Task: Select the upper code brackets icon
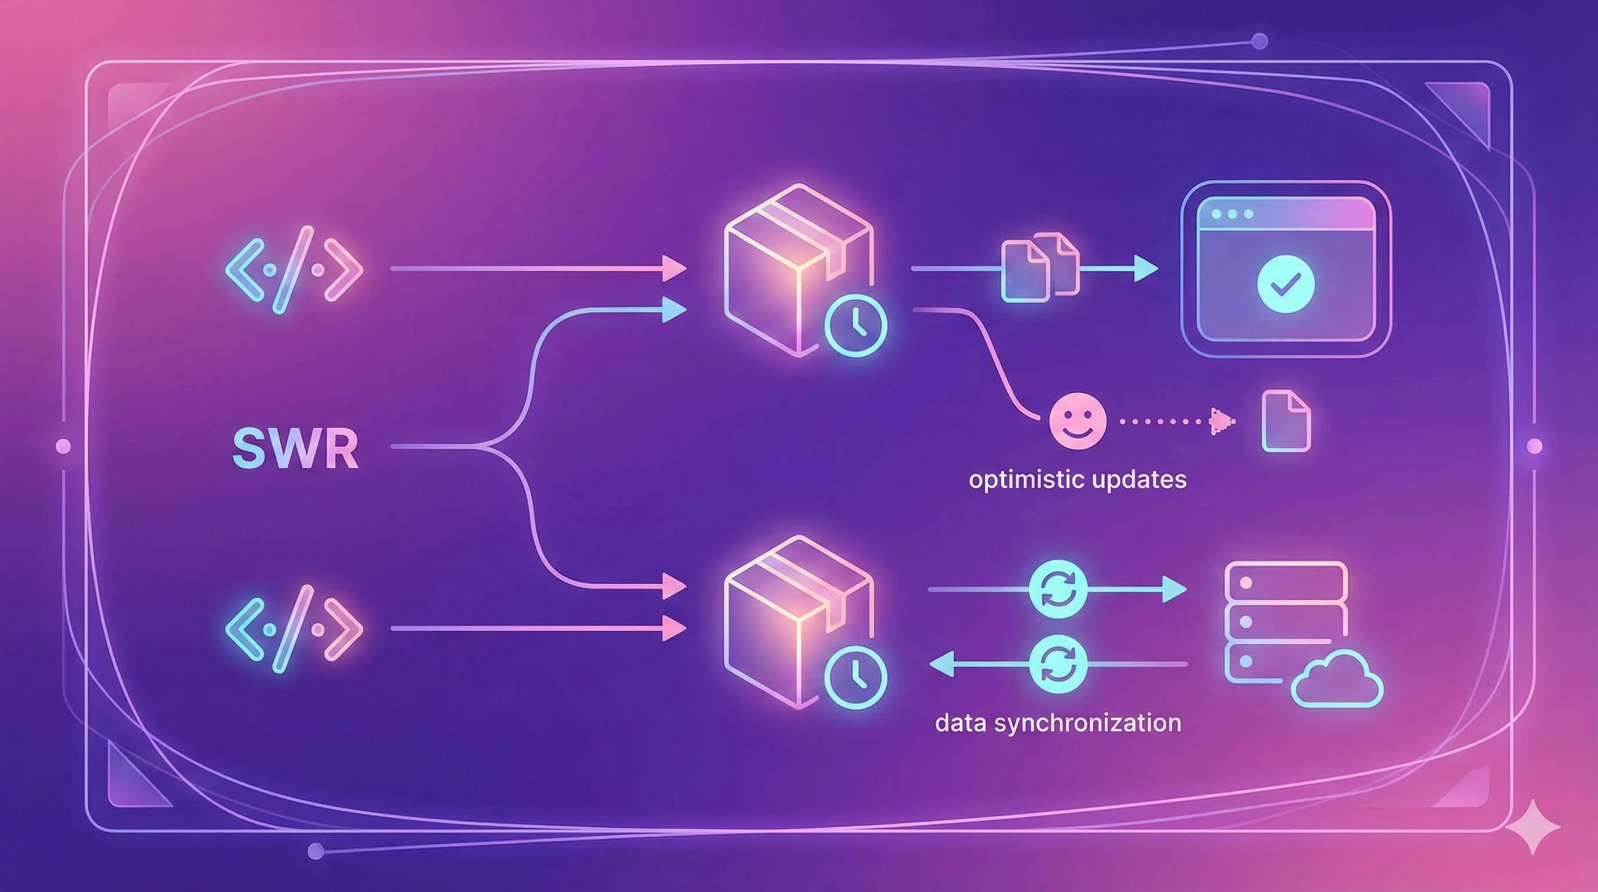(x=293, y=270)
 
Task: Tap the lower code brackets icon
(x=293, y=629)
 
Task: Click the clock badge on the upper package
(x=855, y=325)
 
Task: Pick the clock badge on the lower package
(x=855, y=677)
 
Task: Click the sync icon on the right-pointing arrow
(x=1057, y=590)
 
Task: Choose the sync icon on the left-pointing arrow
(x=1057, y=664)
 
